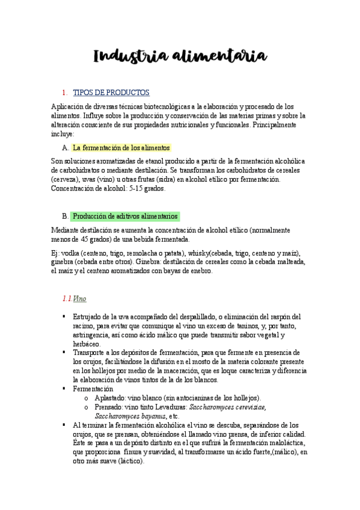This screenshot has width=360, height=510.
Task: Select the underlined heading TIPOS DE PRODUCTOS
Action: coord(111,93)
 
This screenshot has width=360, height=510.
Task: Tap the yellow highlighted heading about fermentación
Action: coord(121,147)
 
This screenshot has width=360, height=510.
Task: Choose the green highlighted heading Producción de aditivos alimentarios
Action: coord(124,216)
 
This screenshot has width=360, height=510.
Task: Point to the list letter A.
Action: coord(65,147)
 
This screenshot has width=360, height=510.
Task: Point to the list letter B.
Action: coord(65,216)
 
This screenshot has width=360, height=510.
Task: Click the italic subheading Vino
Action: coord(80,298)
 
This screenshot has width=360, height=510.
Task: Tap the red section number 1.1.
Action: coord(67,298)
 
